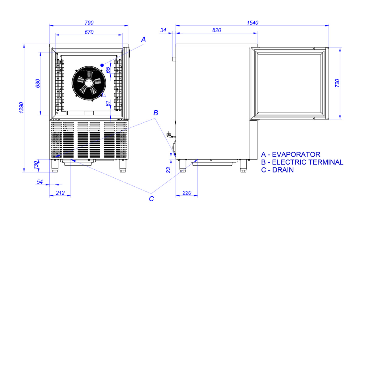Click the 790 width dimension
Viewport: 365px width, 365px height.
[x=89, y=23]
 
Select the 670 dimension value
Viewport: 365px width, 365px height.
[x=89, y=32]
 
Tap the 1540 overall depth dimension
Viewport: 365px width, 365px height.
[x=252, y=23]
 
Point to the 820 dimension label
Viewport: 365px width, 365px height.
[x=216, y=30]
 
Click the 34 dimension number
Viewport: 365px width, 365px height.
[x=163, y=30]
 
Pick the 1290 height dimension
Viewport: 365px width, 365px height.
[x=21, y=108]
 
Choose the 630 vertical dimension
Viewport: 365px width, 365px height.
[x=37, y=83]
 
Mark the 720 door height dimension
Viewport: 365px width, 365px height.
[x=337, y=83]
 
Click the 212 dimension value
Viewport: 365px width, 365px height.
[x=60, y=193]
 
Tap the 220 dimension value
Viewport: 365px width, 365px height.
[x=187, y=193]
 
